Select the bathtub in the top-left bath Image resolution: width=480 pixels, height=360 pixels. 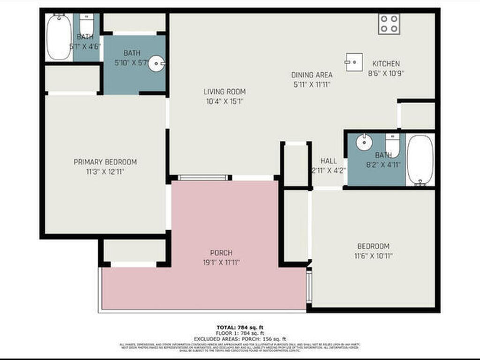click(59, 37)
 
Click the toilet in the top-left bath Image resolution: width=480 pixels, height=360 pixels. click(86, 23)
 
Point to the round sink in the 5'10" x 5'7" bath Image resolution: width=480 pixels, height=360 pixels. click(156, 64)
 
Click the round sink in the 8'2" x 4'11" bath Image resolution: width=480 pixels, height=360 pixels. click(364, 142)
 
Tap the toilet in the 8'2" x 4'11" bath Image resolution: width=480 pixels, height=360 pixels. click(392, 145)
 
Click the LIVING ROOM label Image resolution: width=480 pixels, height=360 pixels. click(225, 91)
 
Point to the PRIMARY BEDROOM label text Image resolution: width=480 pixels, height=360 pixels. click(105, 162)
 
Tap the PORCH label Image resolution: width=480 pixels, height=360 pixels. click(221, 253)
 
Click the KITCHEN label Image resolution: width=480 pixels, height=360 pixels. click(386, 64)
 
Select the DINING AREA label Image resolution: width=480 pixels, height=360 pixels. click(312, 75)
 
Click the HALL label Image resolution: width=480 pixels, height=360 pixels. click(328, 161)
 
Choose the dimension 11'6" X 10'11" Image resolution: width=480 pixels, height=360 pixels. click(373, 256)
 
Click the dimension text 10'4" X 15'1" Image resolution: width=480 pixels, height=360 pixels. click(225, 101)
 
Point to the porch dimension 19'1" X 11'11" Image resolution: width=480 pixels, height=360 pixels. click(221, 262)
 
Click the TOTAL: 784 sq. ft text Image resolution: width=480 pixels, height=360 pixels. click(243, 327)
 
